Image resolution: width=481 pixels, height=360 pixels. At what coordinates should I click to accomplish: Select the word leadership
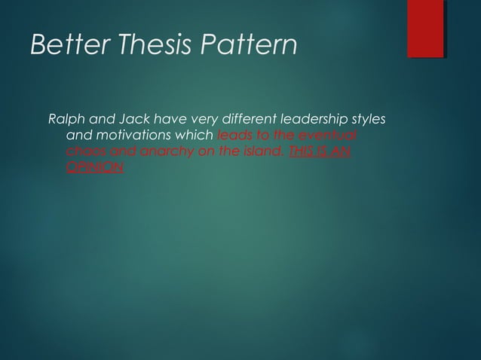[314, 121]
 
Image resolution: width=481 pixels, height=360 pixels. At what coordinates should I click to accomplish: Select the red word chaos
[84, 152]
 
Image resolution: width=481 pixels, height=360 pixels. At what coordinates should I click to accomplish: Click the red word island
[261, 152]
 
